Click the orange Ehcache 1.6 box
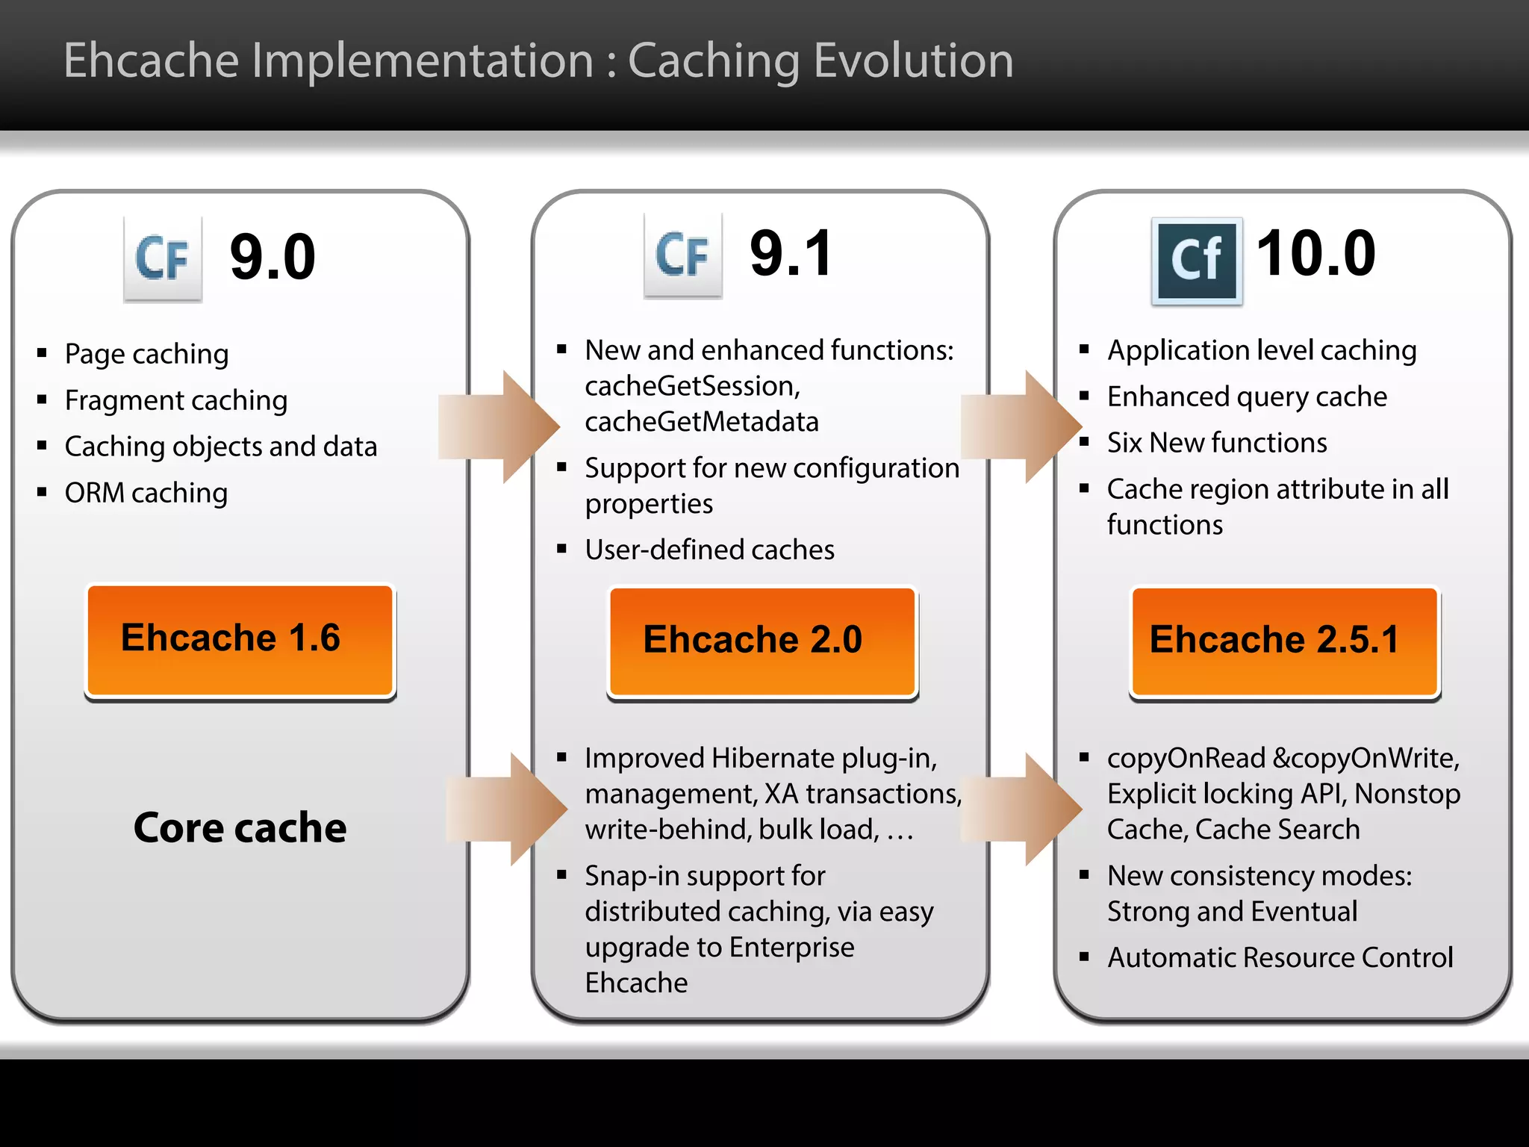(240, 640)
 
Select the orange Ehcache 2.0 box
(762, 641)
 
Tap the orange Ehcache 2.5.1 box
(1284, 641)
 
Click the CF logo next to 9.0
(163, 258)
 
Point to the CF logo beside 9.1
(683, 255)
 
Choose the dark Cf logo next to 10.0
(1197, 261)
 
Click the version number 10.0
(1315, 254)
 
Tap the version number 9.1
(791, 254)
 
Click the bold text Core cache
(240, 827)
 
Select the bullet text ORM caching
(146, 493)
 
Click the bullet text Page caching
(146, 354)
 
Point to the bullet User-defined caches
(709, 550)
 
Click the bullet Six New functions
(1217, 443)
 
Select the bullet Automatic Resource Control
(1280, 957)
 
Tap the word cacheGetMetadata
(702, 422)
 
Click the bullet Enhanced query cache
(1247, 397)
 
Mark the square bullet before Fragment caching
(43, 400)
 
